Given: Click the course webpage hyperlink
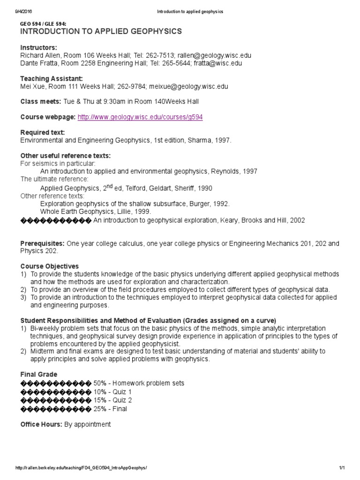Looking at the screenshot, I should [140, 117].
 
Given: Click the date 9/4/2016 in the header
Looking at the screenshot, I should [23, 11].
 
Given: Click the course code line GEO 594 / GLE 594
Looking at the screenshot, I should [43, 23].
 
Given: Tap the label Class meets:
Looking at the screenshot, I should [40, 102].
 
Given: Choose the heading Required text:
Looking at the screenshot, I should [43, 133].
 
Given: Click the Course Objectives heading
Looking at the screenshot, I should [49, 266].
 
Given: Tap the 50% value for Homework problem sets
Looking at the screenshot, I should [101, 383].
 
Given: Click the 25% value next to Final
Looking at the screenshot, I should [101, 408].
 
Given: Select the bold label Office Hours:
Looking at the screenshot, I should [40, 424].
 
